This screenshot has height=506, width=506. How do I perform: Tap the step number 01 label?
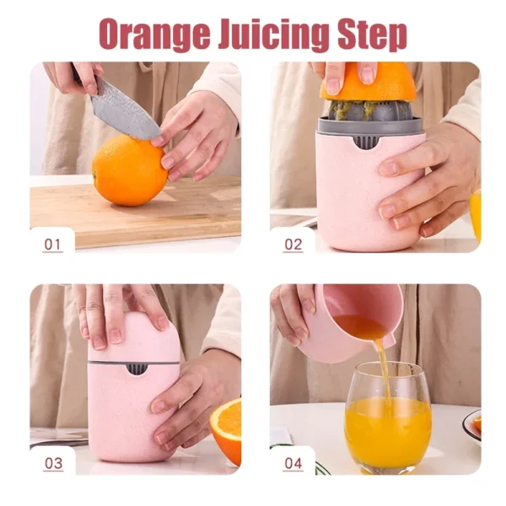53,245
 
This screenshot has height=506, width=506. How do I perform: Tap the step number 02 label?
293,245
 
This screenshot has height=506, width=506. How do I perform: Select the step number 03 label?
53,463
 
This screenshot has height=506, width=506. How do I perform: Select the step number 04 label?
293,463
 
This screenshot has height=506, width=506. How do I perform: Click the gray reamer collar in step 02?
369,126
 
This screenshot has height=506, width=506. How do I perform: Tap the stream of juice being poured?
384,371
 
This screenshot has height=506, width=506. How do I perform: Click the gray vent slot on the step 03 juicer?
136,369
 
